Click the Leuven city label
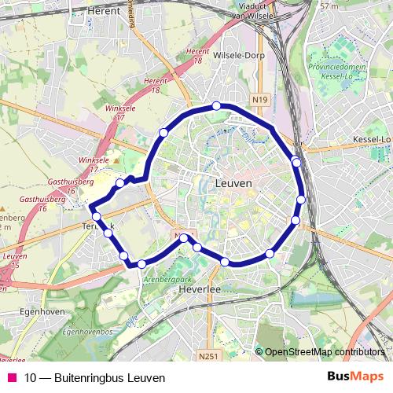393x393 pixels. (233, 182)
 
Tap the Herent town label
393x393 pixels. (103, 12)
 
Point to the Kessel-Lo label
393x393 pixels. (373, 140)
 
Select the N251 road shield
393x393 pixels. (208, 357)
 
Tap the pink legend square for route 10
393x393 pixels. (11, 378)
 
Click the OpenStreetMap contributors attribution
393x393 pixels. (325, 352)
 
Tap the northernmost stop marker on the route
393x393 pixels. (216, 106)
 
